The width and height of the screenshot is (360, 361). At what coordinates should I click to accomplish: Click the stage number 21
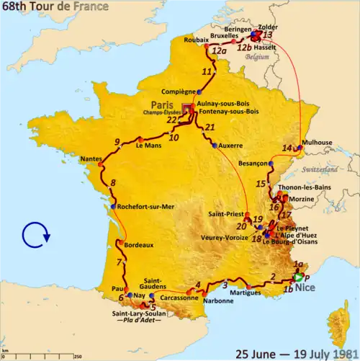tap(210, 128)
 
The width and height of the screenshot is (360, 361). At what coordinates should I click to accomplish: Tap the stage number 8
tap(113, 183)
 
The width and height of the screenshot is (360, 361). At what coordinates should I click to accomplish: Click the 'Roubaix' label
tap(199, 40)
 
